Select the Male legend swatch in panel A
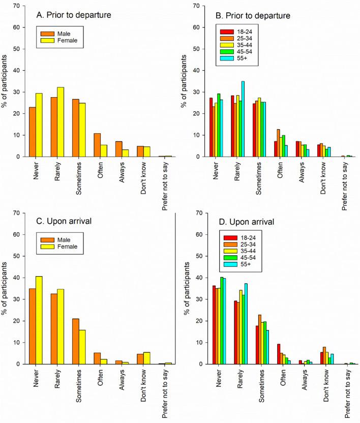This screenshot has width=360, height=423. (50, 35)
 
